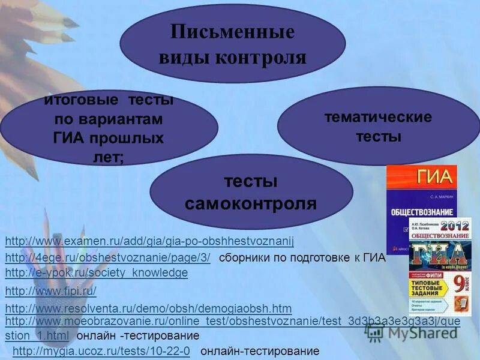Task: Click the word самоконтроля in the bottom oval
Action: (251, 204)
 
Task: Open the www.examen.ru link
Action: (149, 241)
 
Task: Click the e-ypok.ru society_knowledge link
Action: (96, 273)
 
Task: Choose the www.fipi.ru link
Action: (50, 291)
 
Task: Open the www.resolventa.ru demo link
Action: (148, 309)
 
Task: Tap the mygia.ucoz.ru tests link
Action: (101, 351)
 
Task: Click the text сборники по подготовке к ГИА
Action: (302, 259)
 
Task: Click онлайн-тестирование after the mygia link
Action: (260, 351)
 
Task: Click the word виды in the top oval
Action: (185, 58)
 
